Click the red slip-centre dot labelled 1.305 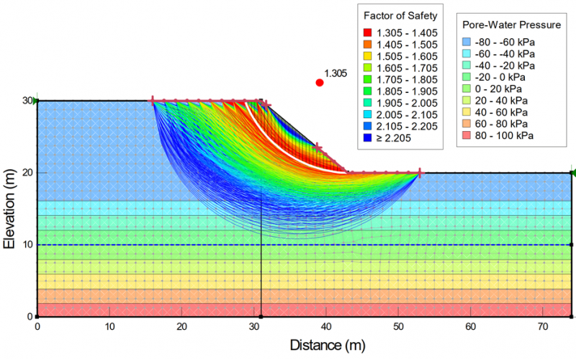320,83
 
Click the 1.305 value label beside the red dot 336,73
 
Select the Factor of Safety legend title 400,16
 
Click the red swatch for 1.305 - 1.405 367,32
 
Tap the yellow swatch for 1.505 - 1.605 367,56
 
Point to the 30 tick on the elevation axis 27,101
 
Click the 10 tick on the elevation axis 27,245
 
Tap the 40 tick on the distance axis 326,326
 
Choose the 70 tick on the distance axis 543,326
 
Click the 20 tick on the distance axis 181,326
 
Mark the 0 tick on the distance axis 37,326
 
